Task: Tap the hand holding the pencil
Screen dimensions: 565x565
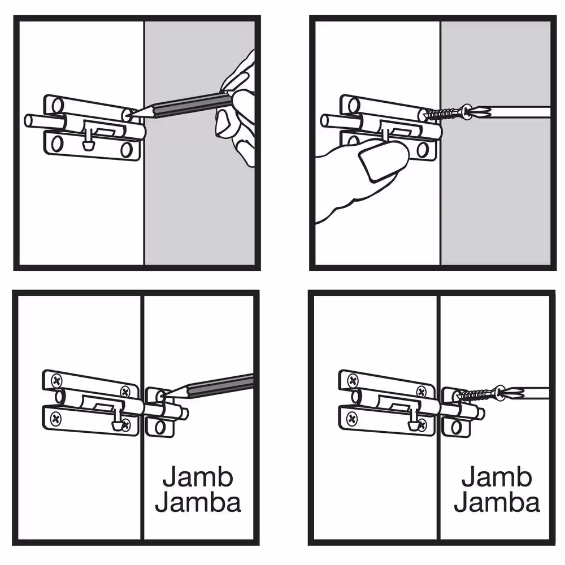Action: point(236,108)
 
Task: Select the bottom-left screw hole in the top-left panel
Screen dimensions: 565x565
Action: point(56,144)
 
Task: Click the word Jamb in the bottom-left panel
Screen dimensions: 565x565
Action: point(198,477)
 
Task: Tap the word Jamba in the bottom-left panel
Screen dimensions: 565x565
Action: point(198,502)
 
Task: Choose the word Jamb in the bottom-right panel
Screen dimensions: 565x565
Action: point(497,477)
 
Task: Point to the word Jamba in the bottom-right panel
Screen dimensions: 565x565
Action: point(497,502)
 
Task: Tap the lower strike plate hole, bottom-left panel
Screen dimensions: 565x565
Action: point(160,427)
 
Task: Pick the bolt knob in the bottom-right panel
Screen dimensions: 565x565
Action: point(414,423)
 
